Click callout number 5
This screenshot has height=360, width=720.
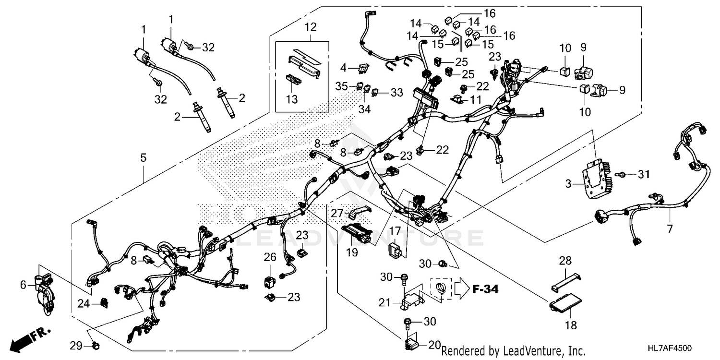coord(143,157)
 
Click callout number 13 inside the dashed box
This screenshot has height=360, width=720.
coord(292,99)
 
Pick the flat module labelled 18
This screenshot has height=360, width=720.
coord(566,304)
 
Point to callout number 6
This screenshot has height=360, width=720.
coord(23,285)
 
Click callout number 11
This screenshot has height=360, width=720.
coord(475,100)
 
